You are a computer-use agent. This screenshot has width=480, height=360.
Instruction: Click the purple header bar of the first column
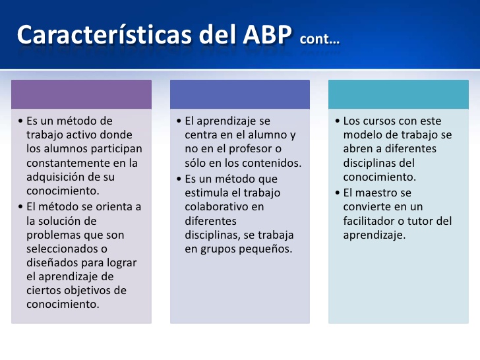pyautogui.click(x=81, y=94)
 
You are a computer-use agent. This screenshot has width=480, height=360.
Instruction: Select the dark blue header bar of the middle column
pyautogui.click(x=240, y=94)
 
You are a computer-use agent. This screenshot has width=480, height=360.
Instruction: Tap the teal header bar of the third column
pyautogui.click(x=398, y=94)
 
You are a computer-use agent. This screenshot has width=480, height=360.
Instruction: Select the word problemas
pyautogui.click(x=53, y=235)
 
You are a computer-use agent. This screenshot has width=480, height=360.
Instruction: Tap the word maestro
pyautogui.click(x=380, y=193)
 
